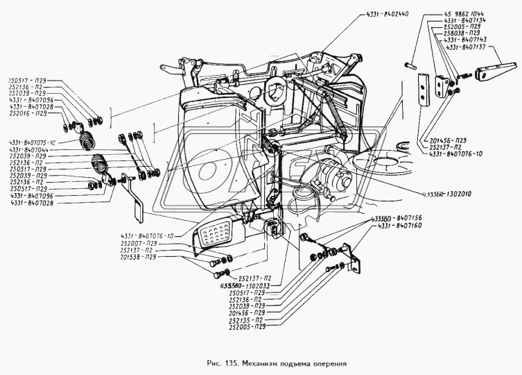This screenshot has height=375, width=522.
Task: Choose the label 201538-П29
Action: [x=157, y=257]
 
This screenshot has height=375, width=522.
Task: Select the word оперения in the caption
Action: [x=326, y=363]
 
